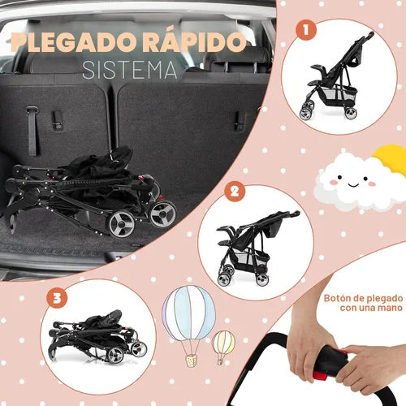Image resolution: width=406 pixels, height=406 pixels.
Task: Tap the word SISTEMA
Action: coord(130,71)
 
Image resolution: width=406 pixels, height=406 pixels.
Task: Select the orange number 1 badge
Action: coord(306,30)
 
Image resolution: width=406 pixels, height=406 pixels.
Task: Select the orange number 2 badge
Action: coord(235,192)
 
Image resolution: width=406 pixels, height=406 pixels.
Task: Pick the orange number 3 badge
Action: coord(57,298)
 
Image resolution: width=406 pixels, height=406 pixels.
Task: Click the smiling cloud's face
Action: coord(352,181)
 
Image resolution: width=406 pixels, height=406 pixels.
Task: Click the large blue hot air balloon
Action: coord(188,313)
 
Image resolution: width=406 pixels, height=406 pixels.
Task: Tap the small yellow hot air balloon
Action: coord(223,343)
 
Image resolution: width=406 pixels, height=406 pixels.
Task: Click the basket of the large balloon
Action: coord(191,361)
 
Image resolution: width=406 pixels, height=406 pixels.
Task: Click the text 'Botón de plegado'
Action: coord(363,298)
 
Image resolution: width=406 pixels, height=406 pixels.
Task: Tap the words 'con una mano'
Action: coord(371,308)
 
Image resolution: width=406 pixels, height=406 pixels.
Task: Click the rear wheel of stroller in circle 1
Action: coord(351,113)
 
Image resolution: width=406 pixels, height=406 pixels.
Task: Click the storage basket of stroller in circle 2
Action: coord(253,257)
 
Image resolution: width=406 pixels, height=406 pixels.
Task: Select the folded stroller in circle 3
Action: coord(97,336)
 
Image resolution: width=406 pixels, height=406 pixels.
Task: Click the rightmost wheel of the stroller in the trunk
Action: coord(163,214)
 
